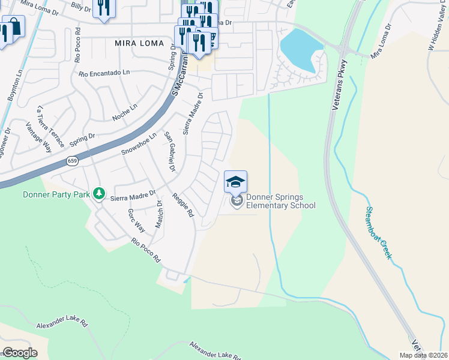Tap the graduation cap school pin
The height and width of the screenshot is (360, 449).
236,181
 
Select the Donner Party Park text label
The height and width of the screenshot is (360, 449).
56,194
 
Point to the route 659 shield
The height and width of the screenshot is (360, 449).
72,161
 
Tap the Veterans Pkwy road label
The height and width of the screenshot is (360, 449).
340,85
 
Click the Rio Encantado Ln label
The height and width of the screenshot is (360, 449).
104,73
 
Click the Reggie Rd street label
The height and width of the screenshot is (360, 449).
183,205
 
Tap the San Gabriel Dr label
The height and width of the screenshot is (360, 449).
170,151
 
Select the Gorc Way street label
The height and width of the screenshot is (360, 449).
136,221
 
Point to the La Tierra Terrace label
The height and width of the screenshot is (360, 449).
50,127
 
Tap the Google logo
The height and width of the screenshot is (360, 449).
20,352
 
